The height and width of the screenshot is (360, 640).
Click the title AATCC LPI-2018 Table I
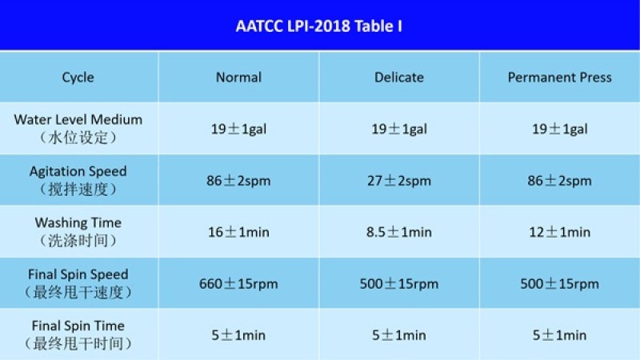(x=318, y=26)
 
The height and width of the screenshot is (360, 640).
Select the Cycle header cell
(x=78, y=77)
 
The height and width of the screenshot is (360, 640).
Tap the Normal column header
(x=238, y=77)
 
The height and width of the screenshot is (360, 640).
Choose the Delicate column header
(x=398, y=77)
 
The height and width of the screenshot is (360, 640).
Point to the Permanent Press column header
(x=559, y=77)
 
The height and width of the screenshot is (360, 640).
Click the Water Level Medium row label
(x=78, y=129)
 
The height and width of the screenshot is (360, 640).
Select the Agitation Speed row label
(x=78, y=180)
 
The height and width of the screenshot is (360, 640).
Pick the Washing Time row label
(x=78, y=231)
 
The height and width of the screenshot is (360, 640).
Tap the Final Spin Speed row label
(x=78, y=283)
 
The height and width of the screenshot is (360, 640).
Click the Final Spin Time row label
(x=78, y=334)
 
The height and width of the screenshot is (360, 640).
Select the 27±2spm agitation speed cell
(x=398, y=181)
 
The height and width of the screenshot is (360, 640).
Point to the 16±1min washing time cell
(x=238, y=232)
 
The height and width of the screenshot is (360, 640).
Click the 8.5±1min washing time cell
(x=398, y=232)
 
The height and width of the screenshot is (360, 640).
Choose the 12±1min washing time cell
(x=559, y=232)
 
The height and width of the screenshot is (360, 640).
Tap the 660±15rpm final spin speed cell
(x=238, y=284)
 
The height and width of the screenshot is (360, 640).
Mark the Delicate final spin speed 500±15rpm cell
(x=398, y=284)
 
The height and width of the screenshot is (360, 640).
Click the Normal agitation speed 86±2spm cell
(x=238, y=181)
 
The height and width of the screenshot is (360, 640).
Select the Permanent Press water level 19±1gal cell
(x=559, y=129)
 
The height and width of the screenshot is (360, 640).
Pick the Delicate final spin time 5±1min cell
(x=398, y=335)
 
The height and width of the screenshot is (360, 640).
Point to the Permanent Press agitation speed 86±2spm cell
(x=559, y=181)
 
